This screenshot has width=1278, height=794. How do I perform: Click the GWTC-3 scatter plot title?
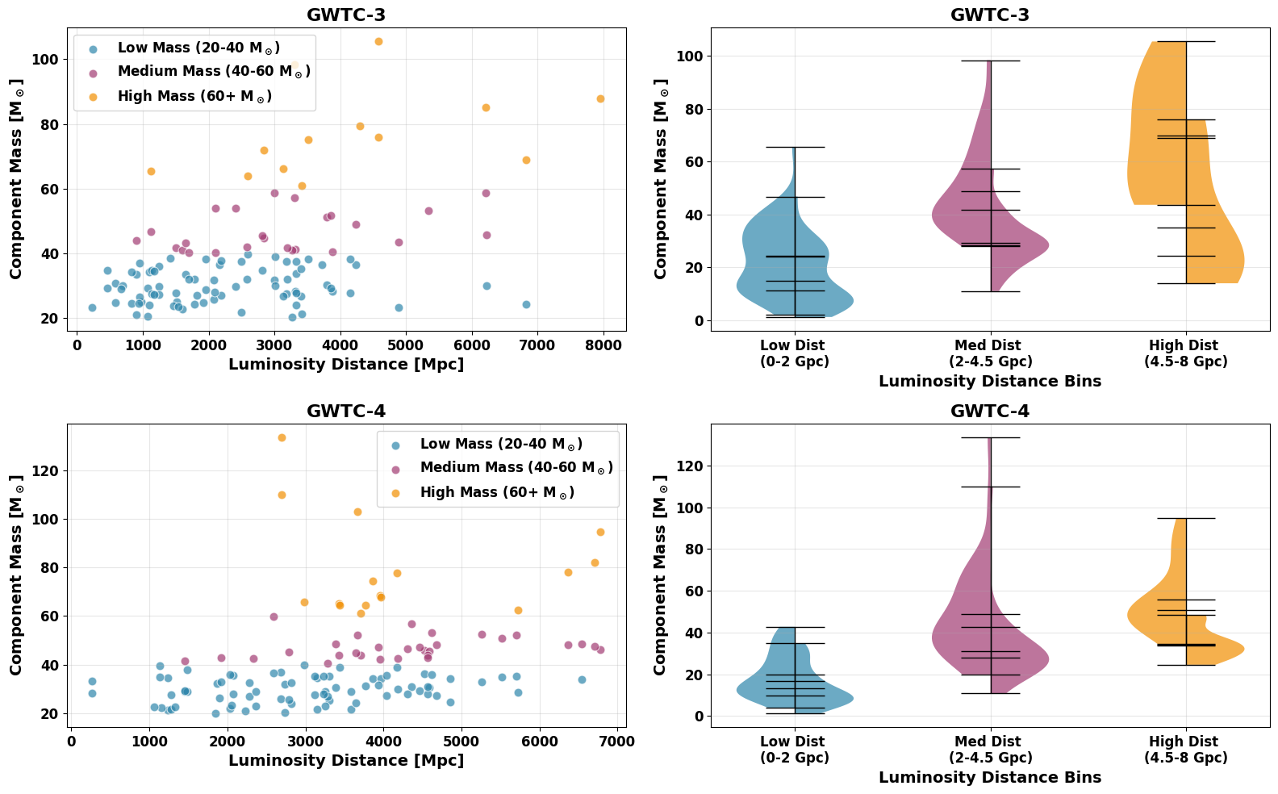[346, 15]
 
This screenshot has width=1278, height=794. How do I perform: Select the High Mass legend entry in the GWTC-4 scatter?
[496, 492]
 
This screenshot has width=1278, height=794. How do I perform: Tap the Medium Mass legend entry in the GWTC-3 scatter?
[213, 72]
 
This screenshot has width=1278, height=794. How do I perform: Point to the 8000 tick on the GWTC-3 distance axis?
[603, 345]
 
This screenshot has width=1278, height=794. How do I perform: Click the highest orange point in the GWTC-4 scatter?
[282, 437]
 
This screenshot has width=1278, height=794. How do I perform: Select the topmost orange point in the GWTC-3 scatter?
[378, 41]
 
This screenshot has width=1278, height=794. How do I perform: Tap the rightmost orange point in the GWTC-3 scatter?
[600, 98]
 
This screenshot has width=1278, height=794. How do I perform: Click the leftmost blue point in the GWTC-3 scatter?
[92, 307]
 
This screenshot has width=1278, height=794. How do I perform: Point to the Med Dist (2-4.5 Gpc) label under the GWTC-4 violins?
[990, 750]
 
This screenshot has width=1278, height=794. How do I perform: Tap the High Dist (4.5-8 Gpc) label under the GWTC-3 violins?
[1185, 353]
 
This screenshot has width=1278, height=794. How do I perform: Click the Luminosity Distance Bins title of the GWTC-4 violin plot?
[990, 777]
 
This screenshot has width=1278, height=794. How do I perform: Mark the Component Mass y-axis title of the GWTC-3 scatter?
[17, 179]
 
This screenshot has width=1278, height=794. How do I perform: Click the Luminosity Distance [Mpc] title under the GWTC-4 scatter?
[346, 760]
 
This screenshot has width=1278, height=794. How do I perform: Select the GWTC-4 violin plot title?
[990, 411]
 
